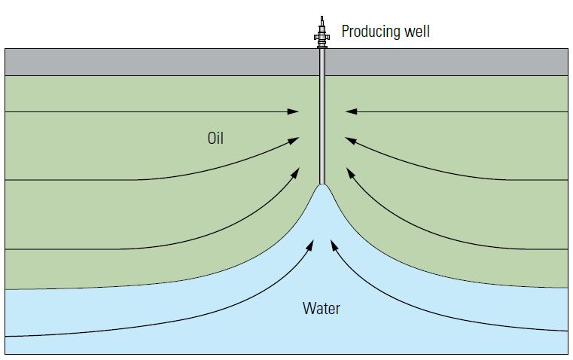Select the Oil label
[x=215, y=139]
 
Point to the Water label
[x=322, y=307]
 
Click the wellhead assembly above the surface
[x=322, y=35]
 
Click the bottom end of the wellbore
[x=322, y=182]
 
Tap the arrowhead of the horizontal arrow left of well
[x=294, y=112]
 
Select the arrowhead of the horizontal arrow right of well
[x=350, y=112]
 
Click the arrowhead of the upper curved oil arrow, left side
[x=294, y=139]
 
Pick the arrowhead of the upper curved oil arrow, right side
[x=350, y=139]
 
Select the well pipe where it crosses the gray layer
[x=322, y=62]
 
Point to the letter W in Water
[x=308, y=307]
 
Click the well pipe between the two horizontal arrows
[x=322, y=112]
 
